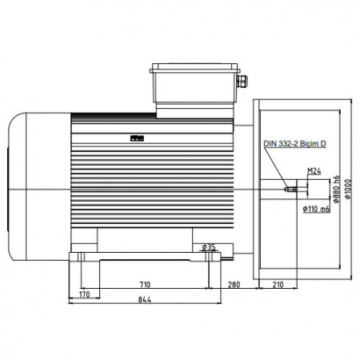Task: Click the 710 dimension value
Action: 145,285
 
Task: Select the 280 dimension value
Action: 234,285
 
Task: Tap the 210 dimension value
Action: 278,285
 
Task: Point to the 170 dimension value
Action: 85,294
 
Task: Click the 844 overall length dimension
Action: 145,300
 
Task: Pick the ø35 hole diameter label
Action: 209,247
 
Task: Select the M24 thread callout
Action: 314,171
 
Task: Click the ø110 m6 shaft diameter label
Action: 317,209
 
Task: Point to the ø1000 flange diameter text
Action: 348,189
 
